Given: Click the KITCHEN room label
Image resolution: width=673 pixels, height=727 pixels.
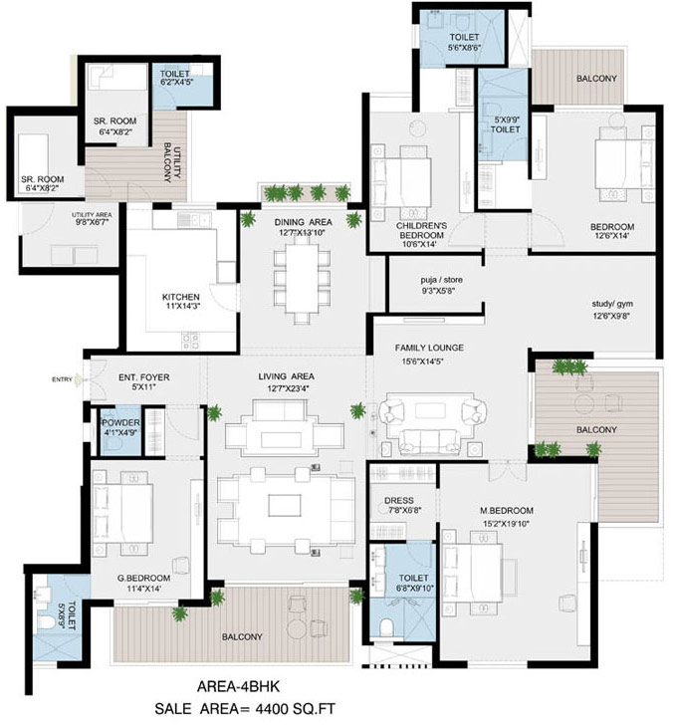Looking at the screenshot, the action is pos(181,297).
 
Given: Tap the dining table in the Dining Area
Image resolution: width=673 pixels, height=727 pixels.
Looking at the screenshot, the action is pos(303,279).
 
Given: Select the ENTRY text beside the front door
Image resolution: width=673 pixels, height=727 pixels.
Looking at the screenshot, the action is pos(62,379).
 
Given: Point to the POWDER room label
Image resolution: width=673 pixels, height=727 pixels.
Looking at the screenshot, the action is pos(121,423).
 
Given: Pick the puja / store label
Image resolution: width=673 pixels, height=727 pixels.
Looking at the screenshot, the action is pos(441,280).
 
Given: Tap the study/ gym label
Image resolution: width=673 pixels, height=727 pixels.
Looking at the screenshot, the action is pos(612,304).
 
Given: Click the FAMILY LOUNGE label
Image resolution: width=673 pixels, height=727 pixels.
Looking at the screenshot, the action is pos(429,348).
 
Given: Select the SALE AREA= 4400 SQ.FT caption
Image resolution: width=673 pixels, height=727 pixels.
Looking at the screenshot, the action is pos(244,709).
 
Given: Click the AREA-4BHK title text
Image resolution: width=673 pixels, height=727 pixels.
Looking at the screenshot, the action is pos(238,686).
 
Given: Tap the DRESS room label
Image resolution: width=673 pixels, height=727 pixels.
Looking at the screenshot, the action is pos(398,501).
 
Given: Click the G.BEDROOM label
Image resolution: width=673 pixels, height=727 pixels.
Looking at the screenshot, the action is pos(143,579).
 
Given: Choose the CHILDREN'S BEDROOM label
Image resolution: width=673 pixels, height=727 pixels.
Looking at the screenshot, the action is pos(421,230).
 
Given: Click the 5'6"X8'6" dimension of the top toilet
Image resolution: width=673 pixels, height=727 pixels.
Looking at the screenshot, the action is pos(464,47).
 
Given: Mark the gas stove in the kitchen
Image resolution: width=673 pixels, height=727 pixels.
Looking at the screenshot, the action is pos(191,342).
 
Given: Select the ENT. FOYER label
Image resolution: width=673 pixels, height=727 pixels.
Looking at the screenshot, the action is pos(144,377).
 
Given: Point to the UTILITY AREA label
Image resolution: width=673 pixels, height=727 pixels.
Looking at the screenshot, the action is pos(92,215).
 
